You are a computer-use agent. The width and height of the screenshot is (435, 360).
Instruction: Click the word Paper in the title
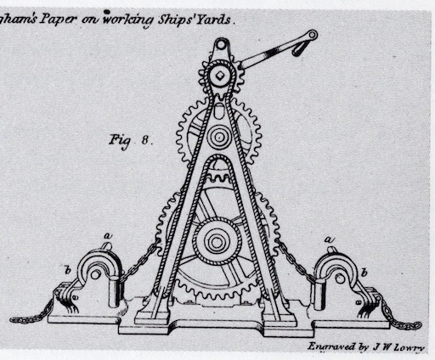pyautogui.click(x=58, y=20)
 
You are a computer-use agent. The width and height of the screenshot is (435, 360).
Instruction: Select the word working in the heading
pyautogui.click(x=127, y=20)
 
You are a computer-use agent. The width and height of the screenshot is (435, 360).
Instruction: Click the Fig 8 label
pyautogui.click(x=131, y=141)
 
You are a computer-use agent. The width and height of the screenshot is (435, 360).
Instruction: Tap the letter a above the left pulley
pyautogui.click(x=108, y=235)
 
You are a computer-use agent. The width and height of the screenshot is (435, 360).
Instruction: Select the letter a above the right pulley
pyautogui.click(x=329, y=239)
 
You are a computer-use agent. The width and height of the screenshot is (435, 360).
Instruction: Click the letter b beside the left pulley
pyautogui.click(x=68, y=271)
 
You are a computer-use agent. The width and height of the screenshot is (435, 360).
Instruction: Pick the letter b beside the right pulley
pyautogui.click(x=364, y=273)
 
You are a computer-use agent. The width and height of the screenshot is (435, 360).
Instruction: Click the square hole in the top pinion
pyautogui.click(x=220, y=75)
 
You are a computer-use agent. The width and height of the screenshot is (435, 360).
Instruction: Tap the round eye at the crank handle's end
pyautogui.click(x=313, y=35)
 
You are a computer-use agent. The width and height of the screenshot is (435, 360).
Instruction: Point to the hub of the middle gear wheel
pyautogui.click(x=219, y=138)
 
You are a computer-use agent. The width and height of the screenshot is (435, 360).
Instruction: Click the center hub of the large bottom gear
pyautogui.click(x=217, y=242)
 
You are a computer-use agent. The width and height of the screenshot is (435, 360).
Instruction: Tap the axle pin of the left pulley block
pyautogui.click(x=95, y=274)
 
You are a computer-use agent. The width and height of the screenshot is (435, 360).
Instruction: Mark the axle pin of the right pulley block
pyautogui.click(x=340, y=278)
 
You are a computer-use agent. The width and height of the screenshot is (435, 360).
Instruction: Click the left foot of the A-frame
pyautogui.click(x=152, y=317)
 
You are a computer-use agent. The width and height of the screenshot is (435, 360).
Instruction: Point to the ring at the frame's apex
pyautogui.click(x=221, y=44)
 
